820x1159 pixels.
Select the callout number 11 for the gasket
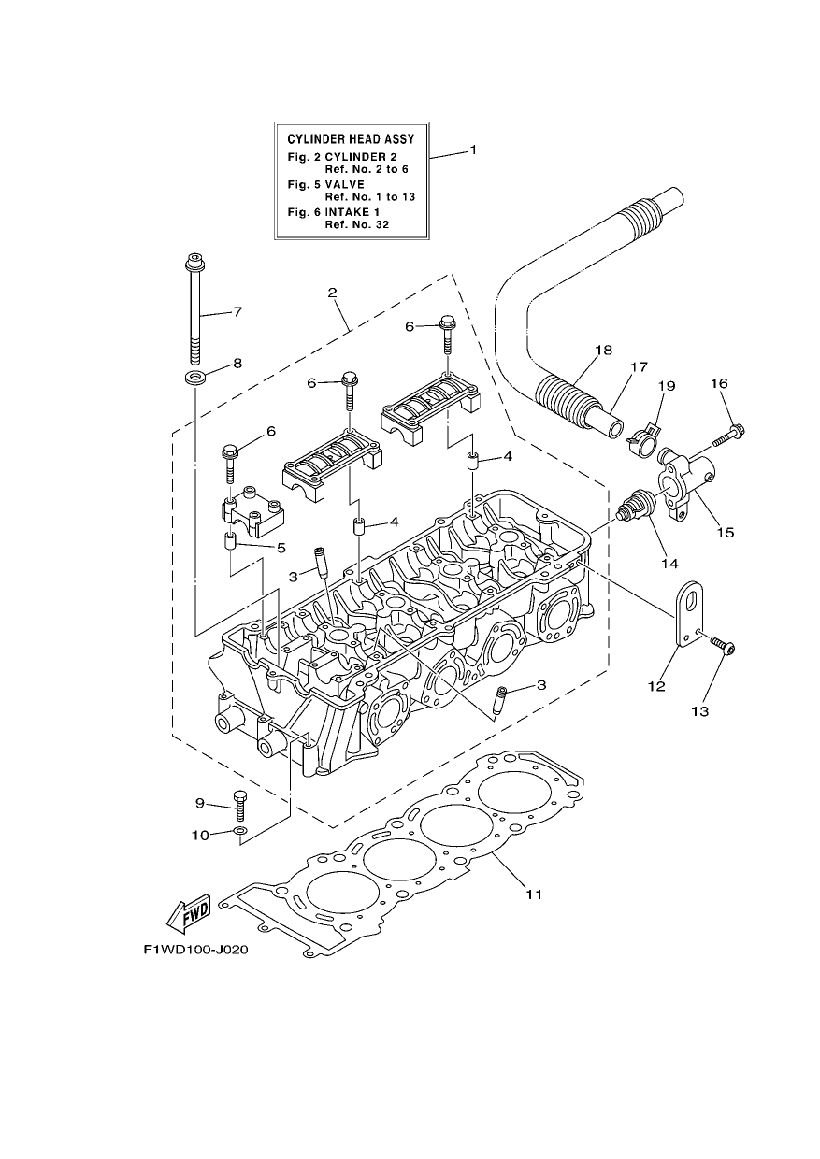point(534,894)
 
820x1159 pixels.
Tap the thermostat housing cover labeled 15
point(683,482)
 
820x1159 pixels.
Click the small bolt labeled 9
point(239,820)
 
